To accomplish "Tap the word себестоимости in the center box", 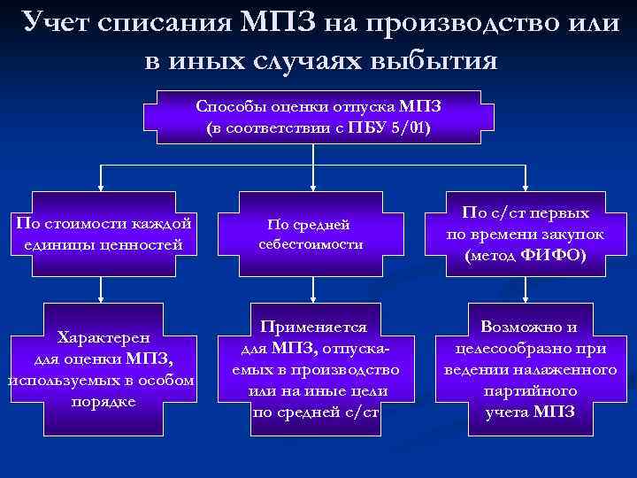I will pyautogui.click(x=311, y=243).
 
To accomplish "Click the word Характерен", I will pyautogui.click(x=103, y=337).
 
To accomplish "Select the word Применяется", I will pyautogui.click(x=311, y=325).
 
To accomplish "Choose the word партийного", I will pyautogui.click(x=530, y=389).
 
